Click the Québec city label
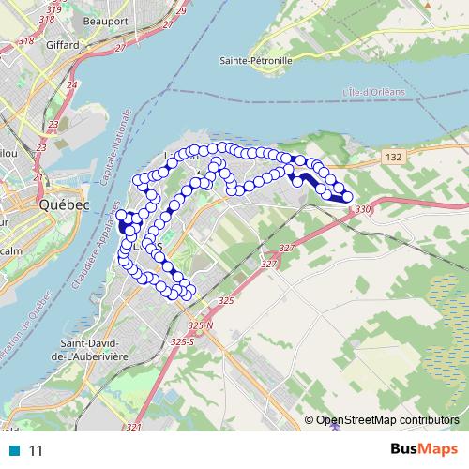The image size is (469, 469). tap(63, 204)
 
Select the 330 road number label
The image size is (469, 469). tap(364, 208)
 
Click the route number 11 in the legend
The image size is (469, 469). tap(37, 451)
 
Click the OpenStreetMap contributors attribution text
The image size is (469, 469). tap(388, 419)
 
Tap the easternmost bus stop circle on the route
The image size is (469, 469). tap(347, 196)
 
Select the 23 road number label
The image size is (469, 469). tap(53, 124)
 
